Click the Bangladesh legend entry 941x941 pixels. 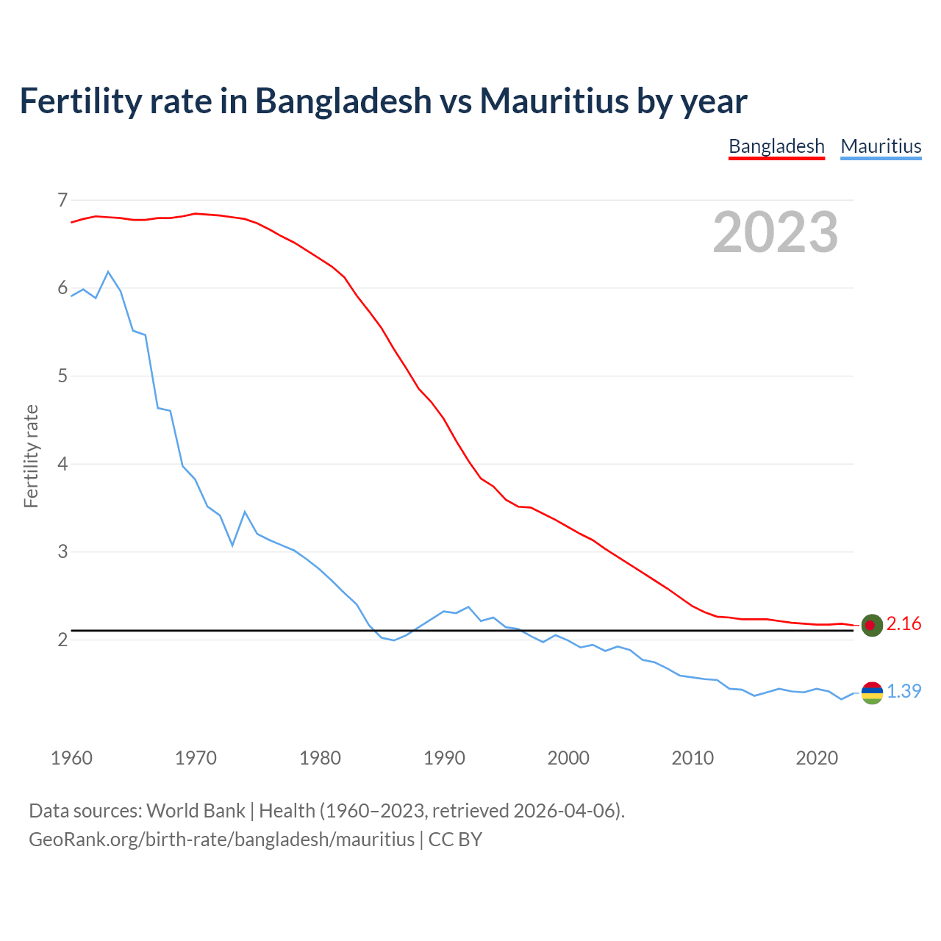coord(776,146)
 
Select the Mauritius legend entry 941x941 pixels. coord(881,146)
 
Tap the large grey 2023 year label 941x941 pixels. coord(776,232)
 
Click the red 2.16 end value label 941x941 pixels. coord(904,624)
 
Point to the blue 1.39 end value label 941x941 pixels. coord(904,692)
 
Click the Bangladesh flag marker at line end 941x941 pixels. coord(871,625)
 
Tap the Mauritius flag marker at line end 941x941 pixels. coord(871,693)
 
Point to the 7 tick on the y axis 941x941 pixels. coord(62,200)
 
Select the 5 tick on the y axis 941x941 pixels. coord(62,376)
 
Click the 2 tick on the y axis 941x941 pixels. coord(62,640)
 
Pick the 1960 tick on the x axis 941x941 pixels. coord(71,758)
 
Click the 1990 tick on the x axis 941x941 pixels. coord(444,758)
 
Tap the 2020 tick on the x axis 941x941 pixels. coord(817,758)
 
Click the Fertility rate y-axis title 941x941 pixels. coord(31,456)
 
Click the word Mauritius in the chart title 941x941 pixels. coord(554,101)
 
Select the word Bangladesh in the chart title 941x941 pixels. coord(343,101)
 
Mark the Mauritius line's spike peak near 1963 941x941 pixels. coord(108,272)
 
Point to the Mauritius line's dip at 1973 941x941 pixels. coord(232,545)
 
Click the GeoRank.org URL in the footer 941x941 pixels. coord(221,840)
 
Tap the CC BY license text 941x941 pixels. coord(455,840)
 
